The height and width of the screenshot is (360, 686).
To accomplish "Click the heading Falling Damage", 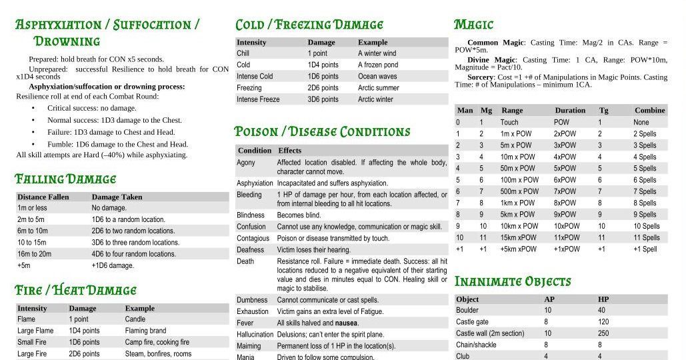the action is [x=65, y=179].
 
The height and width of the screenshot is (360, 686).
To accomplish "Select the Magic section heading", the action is [x=473, y=25].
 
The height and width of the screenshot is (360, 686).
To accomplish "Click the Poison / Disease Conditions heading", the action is [x=322, y=131].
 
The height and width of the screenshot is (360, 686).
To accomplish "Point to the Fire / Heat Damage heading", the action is [x=75, y=291].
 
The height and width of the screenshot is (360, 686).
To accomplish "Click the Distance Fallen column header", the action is [x=43, y=197].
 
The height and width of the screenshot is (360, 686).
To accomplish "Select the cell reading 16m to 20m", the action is [x=34, y=254].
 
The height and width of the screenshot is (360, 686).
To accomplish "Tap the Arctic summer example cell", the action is [x=378, y=88].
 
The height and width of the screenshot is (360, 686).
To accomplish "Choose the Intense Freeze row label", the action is [x=258, y=99].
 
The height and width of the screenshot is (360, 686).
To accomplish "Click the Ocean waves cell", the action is [x=377, y=76].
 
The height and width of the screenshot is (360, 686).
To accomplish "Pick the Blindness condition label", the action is [x=251, y=215].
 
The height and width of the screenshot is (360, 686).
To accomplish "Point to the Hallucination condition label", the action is [x=255, y=335].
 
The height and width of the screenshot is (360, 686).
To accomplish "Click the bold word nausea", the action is [x=346, y=323].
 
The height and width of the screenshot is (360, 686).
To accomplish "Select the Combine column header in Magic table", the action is [x=649, y=110].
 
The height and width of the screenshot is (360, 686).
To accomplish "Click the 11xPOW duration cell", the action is [x=567, y=237].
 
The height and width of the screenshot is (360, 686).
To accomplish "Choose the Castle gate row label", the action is [x=472, y=322].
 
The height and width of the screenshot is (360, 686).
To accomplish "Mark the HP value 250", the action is [x=603, y=333].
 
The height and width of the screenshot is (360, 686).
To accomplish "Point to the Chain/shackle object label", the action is [x=476, y=345].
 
